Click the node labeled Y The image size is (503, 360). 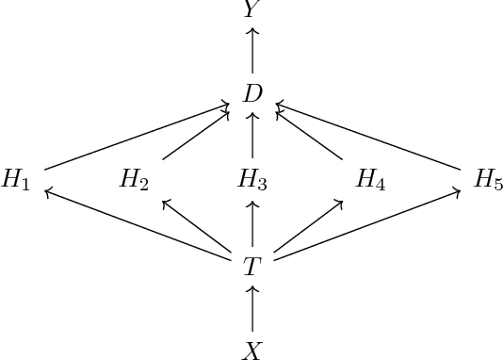click(251, 9)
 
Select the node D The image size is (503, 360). click(251, 93)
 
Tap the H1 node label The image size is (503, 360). click(16, 180)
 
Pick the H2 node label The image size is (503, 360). click(134, 180)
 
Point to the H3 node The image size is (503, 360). click(251, 180)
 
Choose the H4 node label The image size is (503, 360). click(369, 180)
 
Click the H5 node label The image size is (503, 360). click(488, 180)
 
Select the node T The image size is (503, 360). click(251, 267)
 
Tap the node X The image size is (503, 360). click(251, 351)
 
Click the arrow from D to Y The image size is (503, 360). click(251, 51)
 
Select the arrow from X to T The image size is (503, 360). click(251, 309)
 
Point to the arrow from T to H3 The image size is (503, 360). click(251, 223)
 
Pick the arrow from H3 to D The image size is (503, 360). click(251, 137)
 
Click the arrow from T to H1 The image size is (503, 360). click(137, 223)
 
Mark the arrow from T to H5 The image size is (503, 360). click(367, 223)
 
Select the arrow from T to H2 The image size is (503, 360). click(197, 226)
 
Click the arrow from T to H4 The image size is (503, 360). click(307, 226)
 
